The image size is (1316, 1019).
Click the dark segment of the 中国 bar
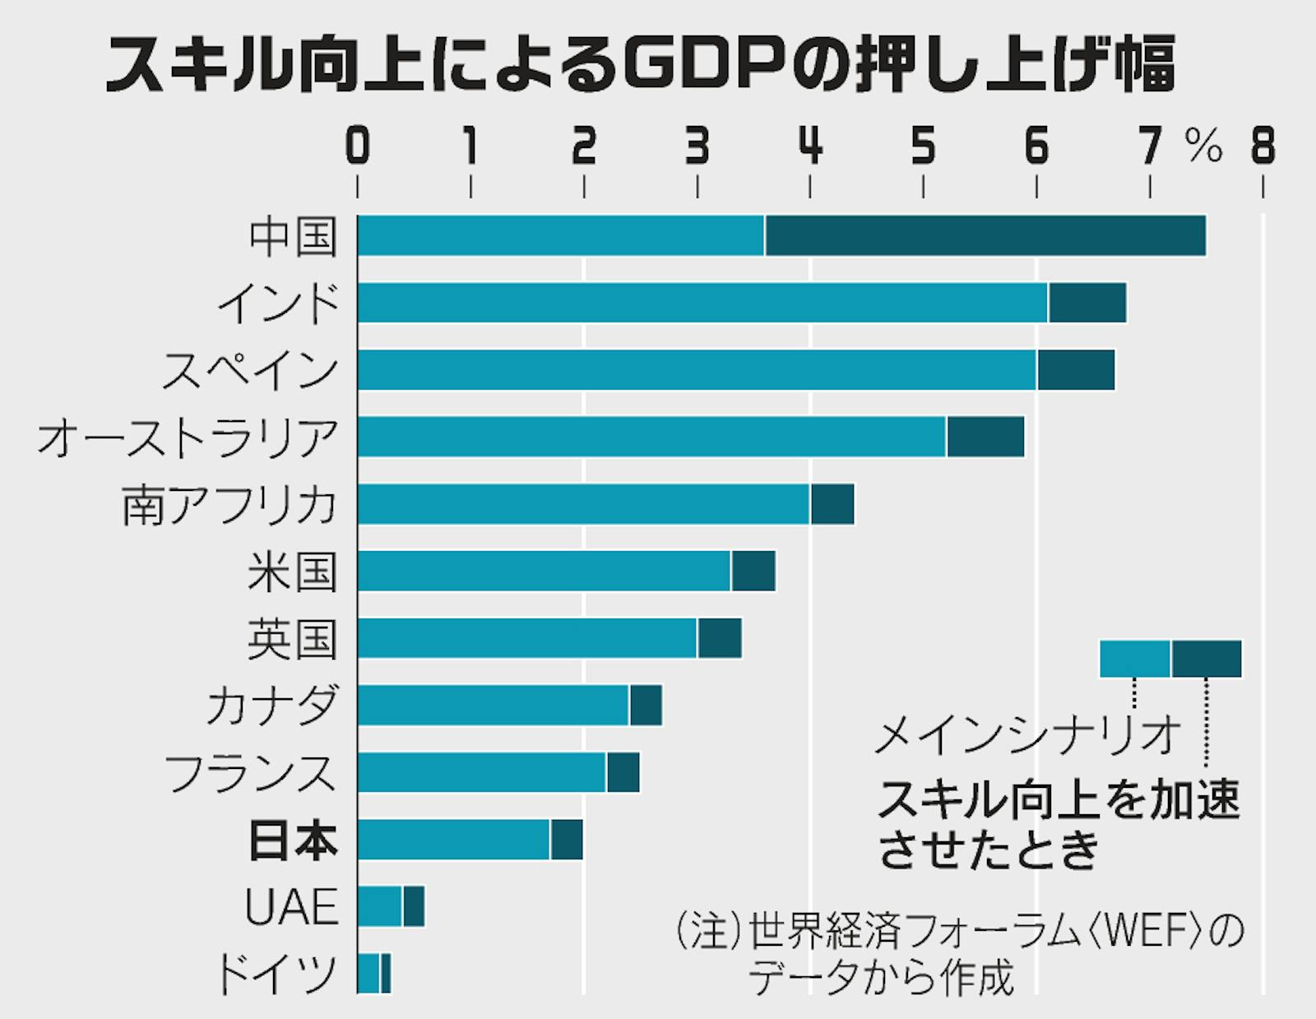985,236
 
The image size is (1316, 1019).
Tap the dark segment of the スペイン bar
1076,370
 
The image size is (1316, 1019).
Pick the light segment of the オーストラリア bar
652,437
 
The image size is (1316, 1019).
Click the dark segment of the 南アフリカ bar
832,504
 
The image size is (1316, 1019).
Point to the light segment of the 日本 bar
454,840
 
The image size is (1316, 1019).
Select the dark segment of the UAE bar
414,906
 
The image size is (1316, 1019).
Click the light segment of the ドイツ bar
368,974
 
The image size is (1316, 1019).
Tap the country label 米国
293,572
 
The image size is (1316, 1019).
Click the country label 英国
293,639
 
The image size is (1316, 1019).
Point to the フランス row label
252,773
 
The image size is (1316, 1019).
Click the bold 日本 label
293,841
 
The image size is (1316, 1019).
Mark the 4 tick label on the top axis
811,147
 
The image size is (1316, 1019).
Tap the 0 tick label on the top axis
358,147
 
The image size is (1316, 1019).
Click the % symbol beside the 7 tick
1203,149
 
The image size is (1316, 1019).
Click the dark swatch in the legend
1207,659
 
